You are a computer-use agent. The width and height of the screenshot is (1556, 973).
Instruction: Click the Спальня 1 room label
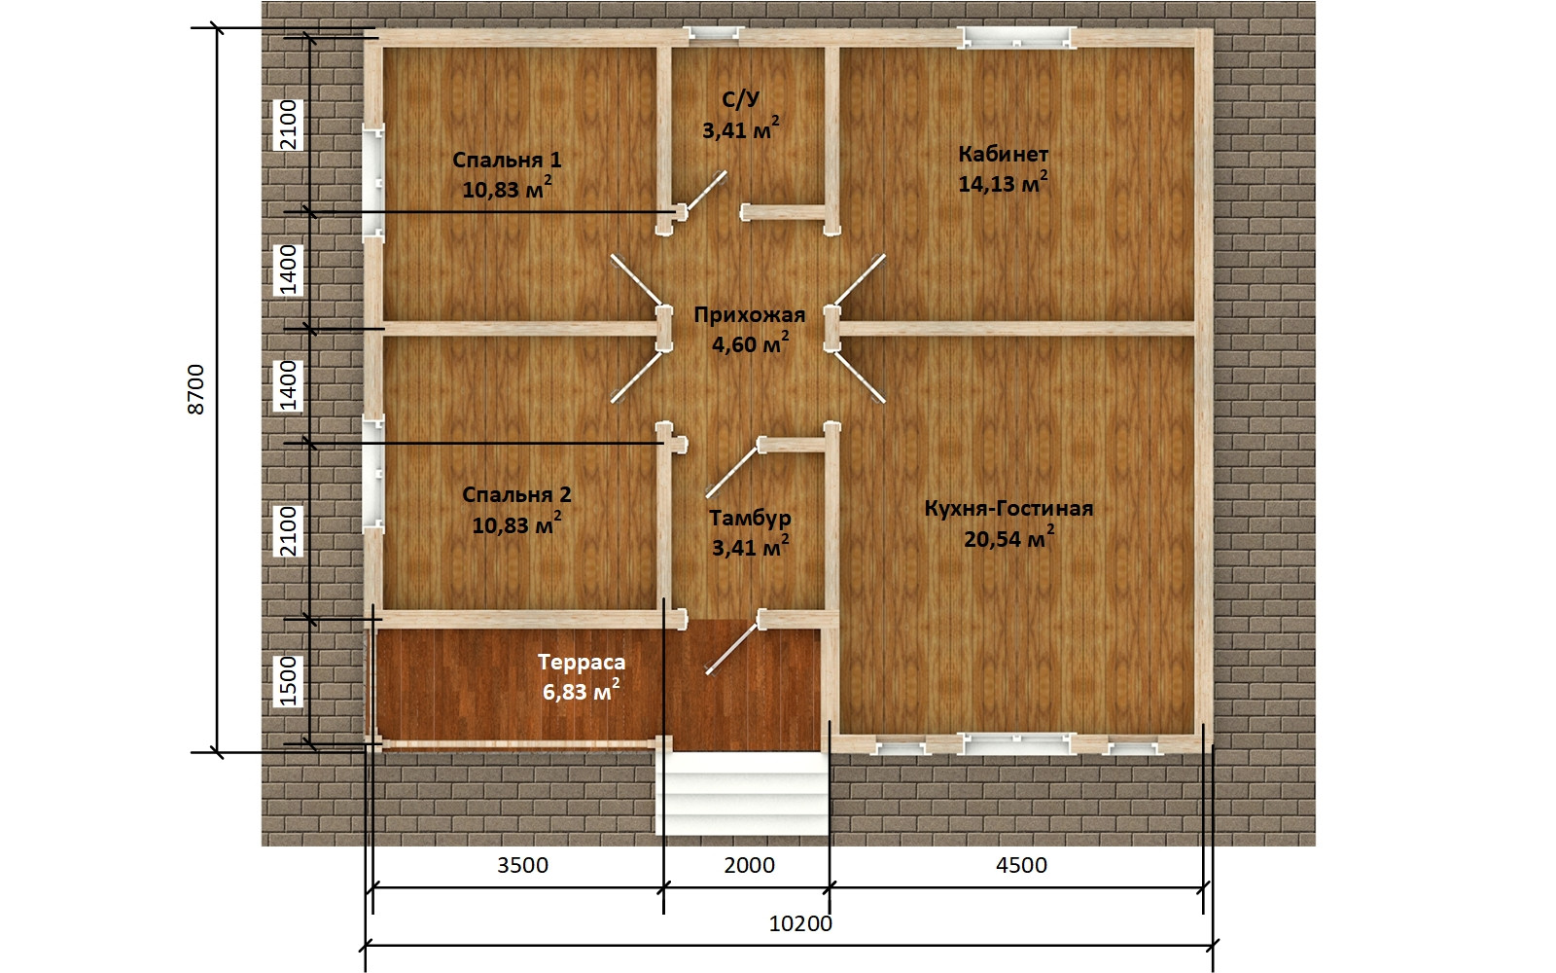[507, 160]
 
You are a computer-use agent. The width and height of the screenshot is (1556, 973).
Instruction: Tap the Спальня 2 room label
[516, 495]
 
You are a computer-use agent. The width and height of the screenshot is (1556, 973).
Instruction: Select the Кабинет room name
[1003, 155]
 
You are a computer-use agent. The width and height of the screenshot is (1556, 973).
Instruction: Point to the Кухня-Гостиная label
[1008, 509]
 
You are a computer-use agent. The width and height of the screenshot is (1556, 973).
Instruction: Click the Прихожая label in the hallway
[750, 315]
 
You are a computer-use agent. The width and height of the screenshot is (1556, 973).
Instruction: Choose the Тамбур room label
[750, 519]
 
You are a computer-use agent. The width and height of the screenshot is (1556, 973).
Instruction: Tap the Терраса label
[582, 663]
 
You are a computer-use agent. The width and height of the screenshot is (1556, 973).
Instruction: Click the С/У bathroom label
[740, 100]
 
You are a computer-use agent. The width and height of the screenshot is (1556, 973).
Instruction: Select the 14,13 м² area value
[1003, 183]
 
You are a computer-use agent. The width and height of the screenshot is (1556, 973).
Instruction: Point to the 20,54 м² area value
[1008, 537]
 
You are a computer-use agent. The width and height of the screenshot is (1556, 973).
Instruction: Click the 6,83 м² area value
[582, 691]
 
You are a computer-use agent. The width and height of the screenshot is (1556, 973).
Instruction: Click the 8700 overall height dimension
[196, 389]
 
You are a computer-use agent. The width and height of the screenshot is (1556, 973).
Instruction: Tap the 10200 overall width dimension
[800, 923]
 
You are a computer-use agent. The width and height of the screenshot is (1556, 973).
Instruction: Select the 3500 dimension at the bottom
[523, 865]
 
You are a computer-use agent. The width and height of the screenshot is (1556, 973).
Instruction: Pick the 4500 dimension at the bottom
[1021, 865]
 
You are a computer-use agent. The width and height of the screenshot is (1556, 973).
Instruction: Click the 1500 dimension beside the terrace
[288, 682]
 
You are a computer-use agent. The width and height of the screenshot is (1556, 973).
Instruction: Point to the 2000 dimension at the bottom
[750, 865]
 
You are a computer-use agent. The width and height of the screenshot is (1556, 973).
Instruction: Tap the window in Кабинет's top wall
[1017, 38]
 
